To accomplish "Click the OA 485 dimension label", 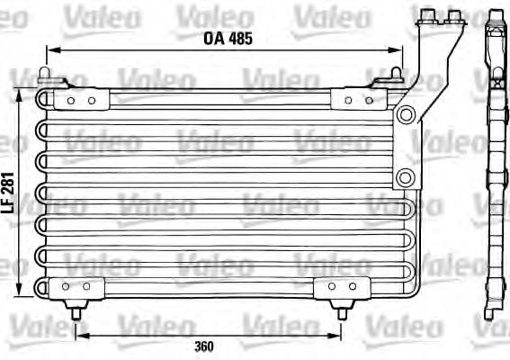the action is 228,39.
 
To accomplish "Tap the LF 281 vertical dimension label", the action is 8,193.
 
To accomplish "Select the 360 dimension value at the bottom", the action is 204,346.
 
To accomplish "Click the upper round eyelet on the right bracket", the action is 406,114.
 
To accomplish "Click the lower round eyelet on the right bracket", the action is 405,177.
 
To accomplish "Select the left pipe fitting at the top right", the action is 427,15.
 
